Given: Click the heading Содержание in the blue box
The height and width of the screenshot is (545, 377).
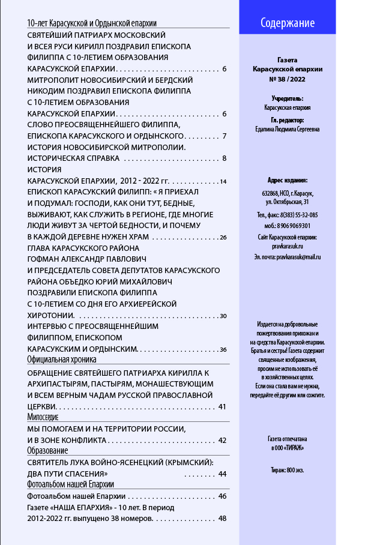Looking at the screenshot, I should click(x=288, y=23).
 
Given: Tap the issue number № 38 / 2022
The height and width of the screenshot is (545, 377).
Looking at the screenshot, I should click(x=288, y=79).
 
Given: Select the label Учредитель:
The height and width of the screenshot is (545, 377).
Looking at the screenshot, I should click(x=288, y=98).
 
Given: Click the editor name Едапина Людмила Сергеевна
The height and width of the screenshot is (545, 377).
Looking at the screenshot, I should click(x=288, y=128).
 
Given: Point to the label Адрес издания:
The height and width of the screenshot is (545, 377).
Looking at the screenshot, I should click(x=288, y=180).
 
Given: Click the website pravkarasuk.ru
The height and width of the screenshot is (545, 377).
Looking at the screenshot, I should click(x=288, y=246).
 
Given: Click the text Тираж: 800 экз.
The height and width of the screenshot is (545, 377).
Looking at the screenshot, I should click(x=288, y=470).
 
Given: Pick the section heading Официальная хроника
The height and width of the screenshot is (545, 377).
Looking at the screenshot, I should click(x=62, y=360).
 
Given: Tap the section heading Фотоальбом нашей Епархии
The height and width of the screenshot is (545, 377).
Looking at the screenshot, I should click(x=71, y=483).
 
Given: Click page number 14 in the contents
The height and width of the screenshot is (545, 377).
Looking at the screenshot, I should click(x=223, y=181).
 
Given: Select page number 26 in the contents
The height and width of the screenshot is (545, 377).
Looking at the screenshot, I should click(x=223, y=238).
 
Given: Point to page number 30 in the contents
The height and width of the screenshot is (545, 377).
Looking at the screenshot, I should click(x=223, y=316).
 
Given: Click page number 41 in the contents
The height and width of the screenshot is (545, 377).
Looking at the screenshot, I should click(x=222, y=407).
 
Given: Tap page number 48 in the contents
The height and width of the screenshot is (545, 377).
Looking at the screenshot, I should click(x=222, y=519).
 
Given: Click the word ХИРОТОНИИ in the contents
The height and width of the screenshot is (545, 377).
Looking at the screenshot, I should click(x=51, y=315).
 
